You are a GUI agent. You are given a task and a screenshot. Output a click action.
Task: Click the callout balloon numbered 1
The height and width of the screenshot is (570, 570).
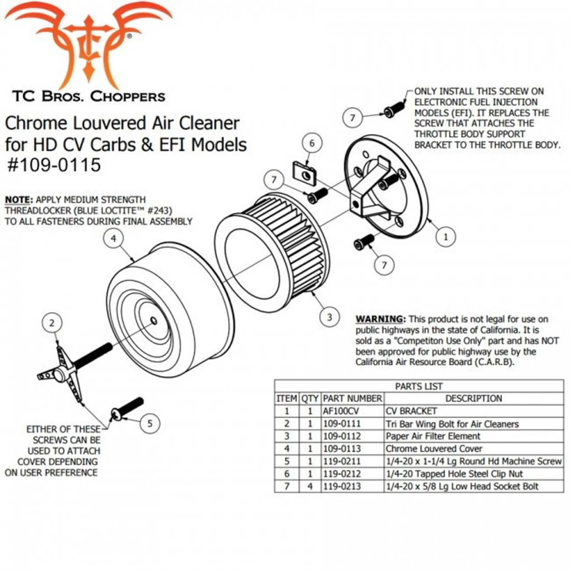[445, 237]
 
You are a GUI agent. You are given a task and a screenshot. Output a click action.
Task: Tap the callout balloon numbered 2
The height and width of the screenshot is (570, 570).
[52, 323]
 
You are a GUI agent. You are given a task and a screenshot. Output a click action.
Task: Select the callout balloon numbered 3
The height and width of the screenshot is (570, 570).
[330, 317]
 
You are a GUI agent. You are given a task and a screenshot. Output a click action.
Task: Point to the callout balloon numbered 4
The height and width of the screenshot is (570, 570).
[114, 239]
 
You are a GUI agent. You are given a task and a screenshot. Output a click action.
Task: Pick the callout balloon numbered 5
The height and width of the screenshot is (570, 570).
[150, 423]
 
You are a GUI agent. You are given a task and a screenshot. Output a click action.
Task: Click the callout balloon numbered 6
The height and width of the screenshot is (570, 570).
[312, 143]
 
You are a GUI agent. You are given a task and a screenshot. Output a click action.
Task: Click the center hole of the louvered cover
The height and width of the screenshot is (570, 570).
[154, 321]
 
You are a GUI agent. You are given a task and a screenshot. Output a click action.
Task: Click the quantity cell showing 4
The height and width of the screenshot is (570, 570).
[310, 486]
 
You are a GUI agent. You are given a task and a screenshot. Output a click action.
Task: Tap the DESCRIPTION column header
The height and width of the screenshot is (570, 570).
[473, 399]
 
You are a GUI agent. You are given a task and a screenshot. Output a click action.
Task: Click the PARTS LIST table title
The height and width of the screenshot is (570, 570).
[419, 386]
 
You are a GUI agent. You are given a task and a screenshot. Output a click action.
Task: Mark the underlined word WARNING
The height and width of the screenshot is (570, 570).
[380, 319]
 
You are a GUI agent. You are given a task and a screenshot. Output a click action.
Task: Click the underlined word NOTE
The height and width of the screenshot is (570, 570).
[19, 200]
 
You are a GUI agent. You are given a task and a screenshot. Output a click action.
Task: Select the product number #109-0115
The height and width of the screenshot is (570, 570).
[54, 165]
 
